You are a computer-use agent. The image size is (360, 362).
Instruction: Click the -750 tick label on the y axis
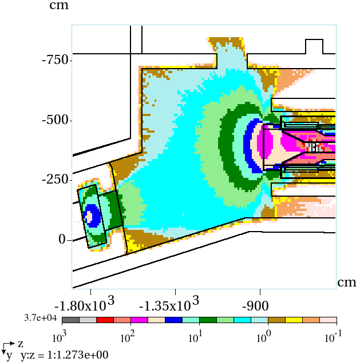point(56,60)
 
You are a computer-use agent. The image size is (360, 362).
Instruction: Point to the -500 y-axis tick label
point(56,120)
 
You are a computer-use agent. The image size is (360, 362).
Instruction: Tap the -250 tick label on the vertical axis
point(56,180)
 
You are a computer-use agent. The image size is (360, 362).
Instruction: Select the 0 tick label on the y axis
point(62,240)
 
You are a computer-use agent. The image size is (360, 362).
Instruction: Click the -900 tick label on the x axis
point(255,306)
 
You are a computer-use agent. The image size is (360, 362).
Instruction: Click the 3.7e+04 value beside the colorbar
point(41,318)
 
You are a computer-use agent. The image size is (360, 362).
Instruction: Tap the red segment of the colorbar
point(105,320)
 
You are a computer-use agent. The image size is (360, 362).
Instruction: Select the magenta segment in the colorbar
point(139,320)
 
